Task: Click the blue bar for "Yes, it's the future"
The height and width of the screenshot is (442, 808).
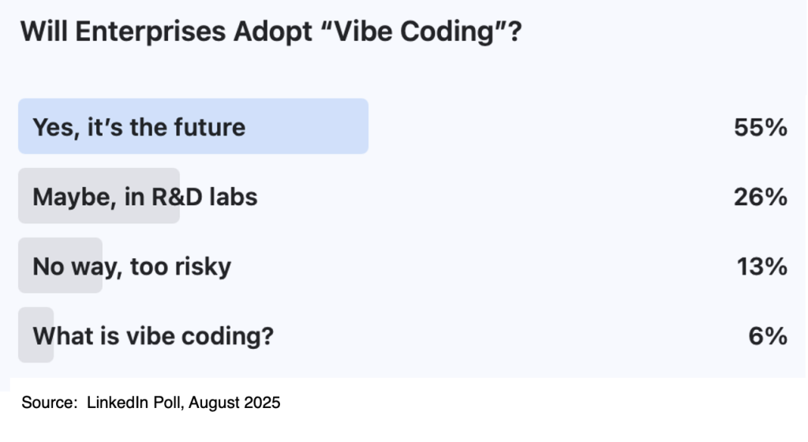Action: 193,126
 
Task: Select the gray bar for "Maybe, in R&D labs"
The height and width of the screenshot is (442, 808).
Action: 99,196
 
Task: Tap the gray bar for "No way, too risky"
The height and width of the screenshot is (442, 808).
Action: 60,265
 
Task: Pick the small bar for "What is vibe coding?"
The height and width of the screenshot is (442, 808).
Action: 36,335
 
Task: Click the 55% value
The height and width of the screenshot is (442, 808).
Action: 761,127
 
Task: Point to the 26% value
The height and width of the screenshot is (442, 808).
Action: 761,197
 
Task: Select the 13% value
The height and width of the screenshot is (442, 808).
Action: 762,266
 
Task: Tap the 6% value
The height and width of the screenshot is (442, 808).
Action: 768,336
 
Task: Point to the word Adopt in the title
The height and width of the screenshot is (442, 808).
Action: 272,32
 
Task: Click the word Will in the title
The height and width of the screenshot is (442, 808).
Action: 44,31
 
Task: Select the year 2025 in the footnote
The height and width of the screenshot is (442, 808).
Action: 262,403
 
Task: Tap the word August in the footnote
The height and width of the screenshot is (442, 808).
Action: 215,403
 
